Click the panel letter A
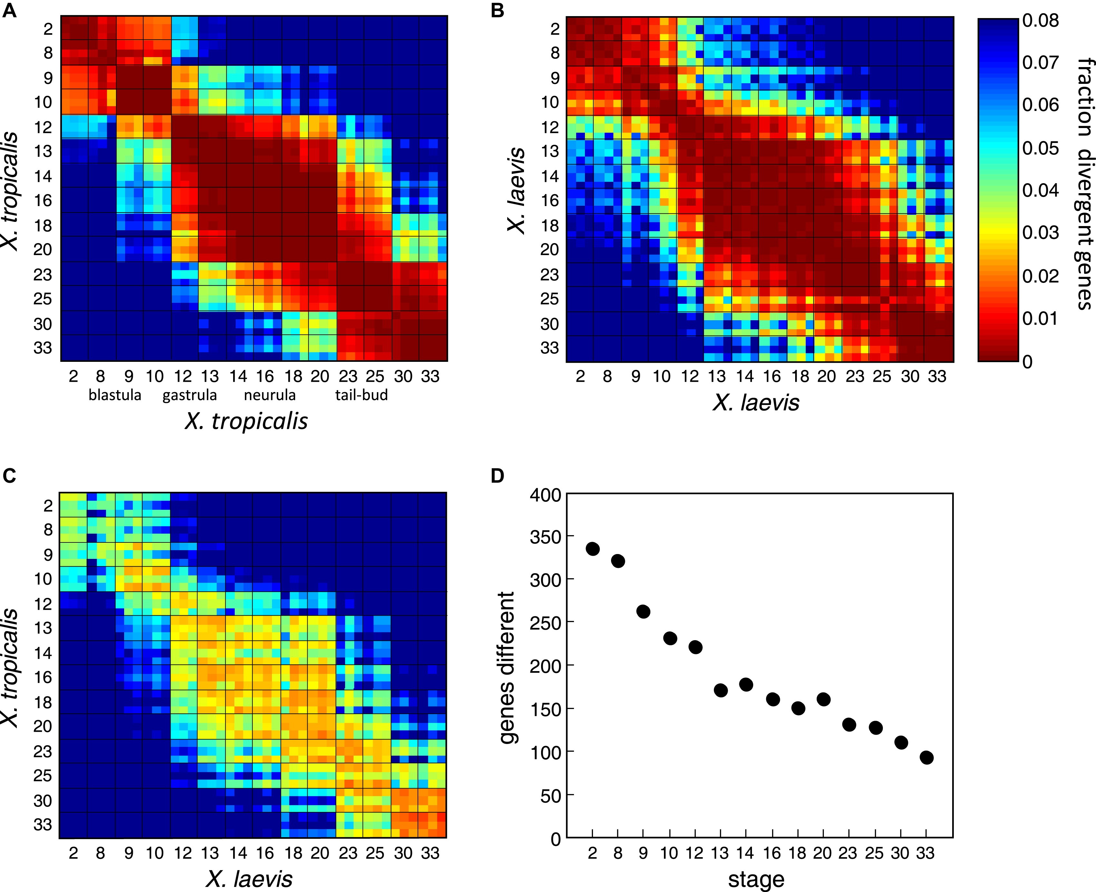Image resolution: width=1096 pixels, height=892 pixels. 9,10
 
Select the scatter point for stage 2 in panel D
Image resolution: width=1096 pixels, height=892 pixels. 592,549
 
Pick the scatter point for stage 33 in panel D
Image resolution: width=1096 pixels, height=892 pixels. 926,758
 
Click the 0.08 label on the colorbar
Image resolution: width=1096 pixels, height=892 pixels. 1041,21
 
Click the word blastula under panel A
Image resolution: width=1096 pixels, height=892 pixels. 114,395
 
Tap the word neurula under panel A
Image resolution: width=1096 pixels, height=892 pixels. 270,395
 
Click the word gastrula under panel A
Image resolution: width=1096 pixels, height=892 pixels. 190,395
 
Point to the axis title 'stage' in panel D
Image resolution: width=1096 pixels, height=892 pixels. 756,880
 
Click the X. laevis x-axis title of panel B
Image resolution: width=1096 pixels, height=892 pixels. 756,403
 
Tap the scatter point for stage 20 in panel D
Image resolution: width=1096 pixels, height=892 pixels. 824,699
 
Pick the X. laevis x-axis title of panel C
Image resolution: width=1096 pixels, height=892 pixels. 249,879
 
